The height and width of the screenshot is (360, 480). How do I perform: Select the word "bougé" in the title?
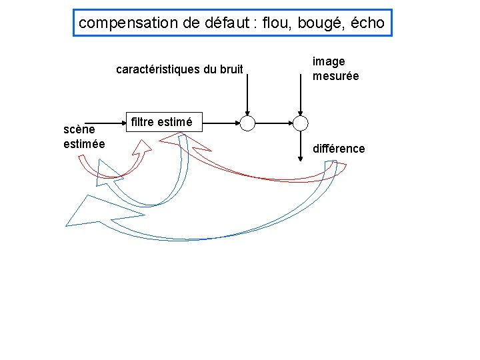coord(316,23)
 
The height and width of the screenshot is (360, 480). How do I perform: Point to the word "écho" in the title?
coord(367,23)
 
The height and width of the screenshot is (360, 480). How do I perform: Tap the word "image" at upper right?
coord(329,61)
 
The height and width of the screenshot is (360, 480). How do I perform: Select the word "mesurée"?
coord(336,76)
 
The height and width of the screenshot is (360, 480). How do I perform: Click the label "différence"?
coord(339,148)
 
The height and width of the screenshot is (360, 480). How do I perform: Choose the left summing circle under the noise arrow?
coord(247,123)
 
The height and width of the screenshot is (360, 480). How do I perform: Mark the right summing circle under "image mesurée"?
coord(301,123)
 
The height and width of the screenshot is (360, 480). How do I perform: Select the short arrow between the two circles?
coord(274,123)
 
